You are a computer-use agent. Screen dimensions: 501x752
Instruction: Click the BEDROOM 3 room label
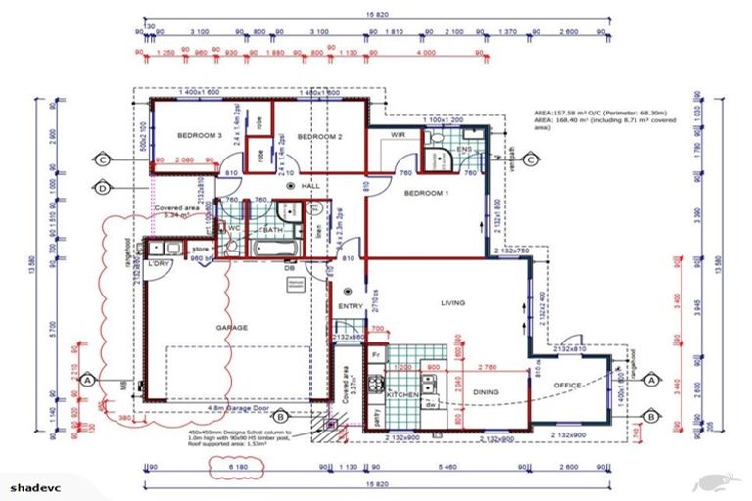click(200, 135)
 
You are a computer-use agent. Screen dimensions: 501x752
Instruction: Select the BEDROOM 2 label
click(318, 137)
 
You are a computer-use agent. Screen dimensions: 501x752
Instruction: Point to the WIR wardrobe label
click(398, 134)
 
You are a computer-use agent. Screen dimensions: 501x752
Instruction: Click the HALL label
click(311, 185)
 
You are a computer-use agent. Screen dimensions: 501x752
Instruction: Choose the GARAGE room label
click(231, 328)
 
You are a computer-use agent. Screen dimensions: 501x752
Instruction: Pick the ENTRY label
click(350, 306)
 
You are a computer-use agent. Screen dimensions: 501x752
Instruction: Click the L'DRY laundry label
click(160, 265)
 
